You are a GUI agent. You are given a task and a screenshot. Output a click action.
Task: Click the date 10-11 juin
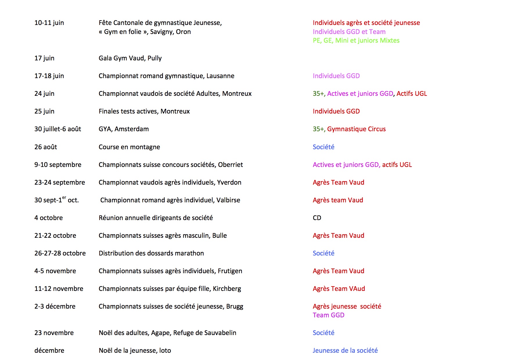pos(49,23)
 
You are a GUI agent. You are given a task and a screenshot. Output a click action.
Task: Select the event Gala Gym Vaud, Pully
pos(130,58)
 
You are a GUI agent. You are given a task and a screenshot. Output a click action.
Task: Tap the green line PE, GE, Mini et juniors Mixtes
pos(356,40)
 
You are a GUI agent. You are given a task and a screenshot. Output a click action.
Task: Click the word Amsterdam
pos(132,129)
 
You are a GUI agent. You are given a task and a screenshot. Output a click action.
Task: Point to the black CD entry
pos(317,218)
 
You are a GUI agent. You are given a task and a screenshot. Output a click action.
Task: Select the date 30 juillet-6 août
pos(58,129)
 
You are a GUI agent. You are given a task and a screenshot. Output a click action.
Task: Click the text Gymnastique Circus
pos(356,129)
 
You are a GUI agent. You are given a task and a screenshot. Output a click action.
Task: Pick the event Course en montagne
pos(129,147)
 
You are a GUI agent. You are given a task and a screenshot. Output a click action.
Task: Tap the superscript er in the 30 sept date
pos(64,197)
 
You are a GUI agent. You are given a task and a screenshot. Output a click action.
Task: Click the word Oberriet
pos(230,165)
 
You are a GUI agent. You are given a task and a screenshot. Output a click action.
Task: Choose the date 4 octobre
pos(48,218)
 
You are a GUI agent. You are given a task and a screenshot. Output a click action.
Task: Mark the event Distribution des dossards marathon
pos(151,253)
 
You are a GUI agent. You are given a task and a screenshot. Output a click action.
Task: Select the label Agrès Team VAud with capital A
pos(339,289)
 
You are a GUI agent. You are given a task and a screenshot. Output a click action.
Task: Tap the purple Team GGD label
pos(328,315)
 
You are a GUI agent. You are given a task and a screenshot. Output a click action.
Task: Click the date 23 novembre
pos(54,333)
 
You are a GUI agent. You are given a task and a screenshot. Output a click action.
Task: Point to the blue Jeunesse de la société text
pos(345,350)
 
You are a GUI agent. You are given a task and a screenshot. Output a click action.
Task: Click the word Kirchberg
pos(227,289)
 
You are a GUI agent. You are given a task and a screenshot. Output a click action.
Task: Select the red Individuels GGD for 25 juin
pos(336,111)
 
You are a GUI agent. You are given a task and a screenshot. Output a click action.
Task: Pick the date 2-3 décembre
pos(55,306)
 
